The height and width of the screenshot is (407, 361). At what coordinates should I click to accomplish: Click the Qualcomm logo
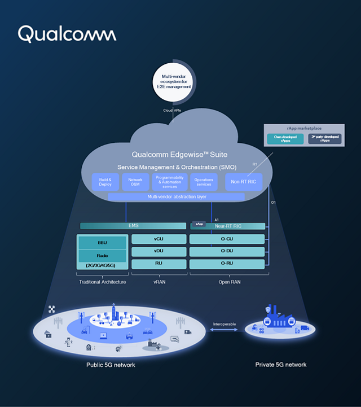pos(67,34)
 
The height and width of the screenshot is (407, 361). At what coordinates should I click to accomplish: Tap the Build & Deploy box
pos(105,182)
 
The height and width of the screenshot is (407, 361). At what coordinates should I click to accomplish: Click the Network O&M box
pos(135,182)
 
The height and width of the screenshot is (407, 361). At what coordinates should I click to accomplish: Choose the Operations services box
pos(203,182)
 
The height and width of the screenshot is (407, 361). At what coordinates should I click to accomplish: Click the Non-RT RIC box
pos(244,182)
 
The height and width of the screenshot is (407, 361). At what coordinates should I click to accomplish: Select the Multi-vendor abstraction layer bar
pos(176,197)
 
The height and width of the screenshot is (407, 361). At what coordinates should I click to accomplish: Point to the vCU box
pos(159,239)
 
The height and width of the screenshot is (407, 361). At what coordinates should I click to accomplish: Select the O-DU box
pos(227,251)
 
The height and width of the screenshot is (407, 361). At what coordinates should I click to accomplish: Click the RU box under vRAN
pos(159,264)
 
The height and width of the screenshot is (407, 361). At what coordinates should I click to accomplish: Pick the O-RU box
pos(227,264)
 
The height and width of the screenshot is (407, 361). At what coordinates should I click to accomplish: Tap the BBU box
pos(102,243)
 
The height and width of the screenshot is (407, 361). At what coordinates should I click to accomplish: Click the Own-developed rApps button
pos(285,139)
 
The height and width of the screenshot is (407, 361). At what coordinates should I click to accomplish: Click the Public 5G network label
pos(111,365)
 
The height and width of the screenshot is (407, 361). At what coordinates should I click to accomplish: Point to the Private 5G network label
pos(280,365)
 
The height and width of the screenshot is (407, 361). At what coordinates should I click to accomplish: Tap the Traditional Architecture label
pos(102,281)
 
